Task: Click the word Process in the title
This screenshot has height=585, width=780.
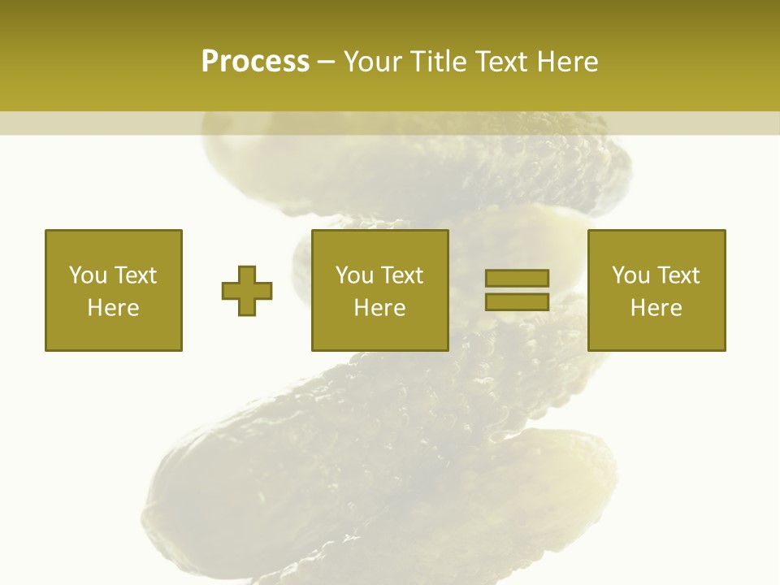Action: pos(255,62)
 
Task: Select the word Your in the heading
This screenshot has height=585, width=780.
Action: pos(373,62)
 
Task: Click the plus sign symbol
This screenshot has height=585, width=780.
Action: pos(247,291)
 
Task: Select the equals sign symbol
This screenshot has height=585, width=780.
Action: pos(517,290)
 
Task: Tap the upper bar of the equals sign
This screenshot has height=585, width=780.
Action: pos(517,279)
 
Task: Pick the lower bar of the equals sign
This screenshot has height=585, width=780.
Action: pos(517,301)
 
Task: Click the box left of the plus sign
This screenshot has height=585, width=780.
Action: pos(114,290)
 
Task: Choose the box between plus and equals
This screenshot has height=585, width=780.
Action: pos(379,290)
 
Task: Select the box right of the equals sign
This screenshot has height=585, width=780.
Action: pos(656,290)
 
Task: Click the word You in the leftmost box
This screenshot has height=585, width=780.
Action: pos(88,275)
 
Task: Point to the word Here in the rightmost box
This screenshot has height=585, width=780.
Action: pos(656,308)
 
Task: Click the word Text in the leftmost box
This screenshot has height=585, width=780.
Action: pos(135,275)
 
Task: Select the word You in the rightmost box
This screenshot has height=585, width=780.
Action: pos(630,275)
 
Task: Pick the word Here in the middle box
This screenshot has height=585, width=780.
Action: pos(379,308)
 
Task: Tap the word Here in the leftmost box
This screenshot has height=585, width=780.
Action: pos(114,308)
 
